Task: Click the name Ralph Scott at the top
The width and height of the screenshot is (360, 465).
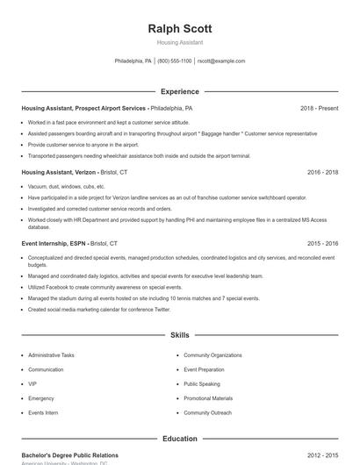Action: click(x=180, y=28)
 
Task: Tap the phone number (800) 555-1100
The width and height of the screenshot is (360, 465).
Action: click(x=175, y=61)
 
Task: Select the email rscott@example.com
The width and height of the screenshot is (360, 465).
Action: click(x=221, y=61)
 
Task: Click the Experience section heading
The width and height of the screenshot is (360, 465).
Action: click(x=180, y=91)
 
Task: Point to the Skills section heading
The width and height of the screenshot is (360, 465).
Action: click(x=180, y=335)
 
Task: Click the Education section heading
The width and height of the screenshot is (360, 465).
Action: click(x=180, y=438)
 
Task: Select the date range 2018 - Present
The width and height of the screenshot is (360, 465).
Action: click(x=319, y=108)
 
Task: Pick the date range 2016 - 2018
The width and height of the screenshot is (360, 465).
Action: click(x=320, y=173)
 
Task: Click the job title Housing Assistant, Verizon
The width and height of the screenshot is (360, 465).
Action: click(x=59, y=173)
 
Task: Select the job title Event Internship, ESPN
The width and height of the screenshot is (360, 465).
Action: click(x=54, y=243)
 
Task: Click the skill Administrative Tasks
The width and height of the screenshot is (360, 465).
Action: click(x=51, y=355)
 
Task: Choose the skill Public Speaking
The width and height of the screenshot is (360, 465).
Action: click(x=202, y=383)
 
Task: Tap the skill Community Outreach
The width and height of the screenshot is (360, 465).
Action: click(x=207, y=412)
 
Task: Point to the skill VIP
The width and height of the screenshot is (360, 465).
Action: click(x=32, y=383)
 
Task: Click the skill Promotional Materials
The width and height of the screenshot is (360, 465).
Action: click(x=208, y=398)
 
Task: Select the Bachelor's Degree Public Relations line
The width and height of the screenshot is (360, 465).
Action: click(x=69, y=455)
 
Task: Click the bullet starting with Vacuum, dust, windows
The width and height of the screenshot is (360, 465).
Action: click(x=67, y=187)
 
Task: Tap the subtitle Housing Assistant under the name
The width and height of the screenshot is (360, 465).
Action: click(x=180, y=42)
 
